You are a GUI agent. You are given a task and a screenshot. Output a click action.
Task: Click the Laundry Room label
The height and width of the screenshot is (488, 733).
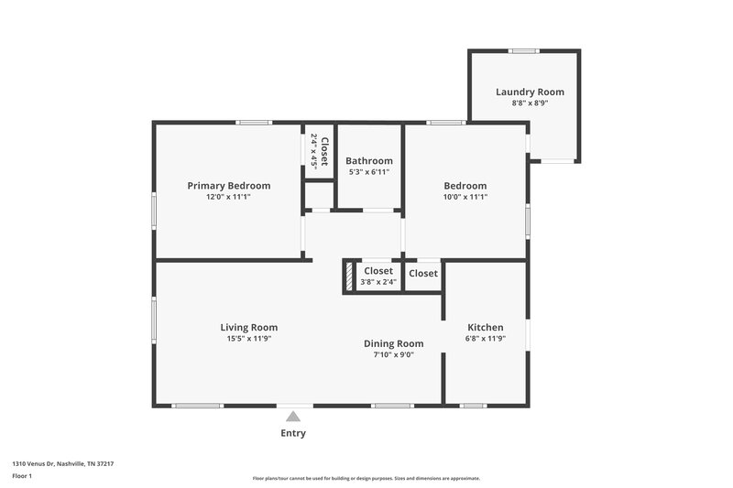click(x=530, y=92)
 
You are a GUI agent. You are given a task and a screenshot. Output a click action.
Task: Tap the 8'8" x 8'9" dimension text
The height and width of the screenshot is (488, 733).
click(x=530, y=103)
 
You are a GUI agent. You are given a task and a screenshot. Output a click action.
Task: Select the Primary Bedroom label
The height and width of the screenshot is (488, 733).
click(x=228, y=185)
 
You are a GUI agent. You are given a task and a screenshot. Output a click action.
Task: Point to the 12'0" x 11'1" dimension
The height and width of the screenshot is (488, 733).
click(x=228, y=197)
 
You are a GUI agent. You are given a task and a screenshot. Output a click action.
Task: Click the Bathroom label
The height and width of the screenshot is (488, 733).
click(x=369, y=160)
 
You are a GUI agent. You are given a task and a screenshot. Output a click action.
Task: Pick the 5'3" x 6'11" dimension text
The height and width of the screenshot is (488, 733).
click(x=369, y=172)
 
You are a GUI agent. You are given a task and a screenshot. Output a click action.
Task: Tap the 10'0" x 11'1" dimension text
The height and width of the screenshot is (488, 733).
click(x=465, y=197)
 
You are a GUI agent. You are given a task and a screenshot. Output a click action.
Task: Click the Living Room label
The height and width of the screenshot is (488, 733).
click(x=248, y=327)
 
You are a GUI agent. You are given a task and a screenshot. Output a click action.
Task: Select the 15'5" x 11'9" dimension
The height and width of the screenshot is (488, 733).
click(x=248, y=339)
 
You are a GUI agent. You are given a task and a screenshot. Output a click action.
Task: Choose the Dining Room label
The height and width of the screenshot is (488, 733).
click(x=394, y=343)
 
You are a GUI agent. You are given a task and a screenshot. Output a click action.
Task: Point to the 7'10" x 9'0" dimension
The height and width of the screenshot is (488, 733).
click(x=394, y=355)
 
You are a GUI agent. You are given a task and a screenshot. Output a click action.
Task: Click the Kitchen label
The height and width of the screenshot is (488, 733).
click(x=486, y=327)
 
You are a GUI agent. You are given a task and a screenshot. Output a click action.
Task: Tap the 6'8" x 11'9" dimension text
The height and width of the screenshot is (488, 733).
click(x=486, y=339)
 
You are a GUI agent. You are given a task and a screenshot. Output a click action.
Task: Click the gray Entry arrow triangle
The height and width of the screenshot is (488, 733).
click(x=293, y=417)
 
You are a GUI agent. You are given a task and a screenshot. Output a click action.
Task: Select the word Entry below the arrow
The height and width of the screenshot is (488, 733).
click(x=293, y=433)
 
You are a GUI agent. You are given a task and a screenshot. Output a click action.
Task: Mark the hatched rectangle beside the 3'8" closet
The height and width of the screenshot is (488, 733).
click(x=349, y=277)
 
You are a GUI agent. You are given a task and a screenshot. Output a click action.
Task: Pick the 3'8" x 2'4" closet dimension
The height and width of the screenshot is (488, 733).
click(x=378, y=283)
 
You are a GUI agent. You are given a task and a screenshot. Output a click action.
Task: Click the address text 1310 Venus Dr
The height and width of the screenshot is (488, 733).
click(x=41, y=464)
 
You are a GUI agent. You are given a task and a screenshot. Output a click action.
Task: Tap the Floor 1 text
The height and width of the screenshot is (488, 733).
click(x=23, y=476)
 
